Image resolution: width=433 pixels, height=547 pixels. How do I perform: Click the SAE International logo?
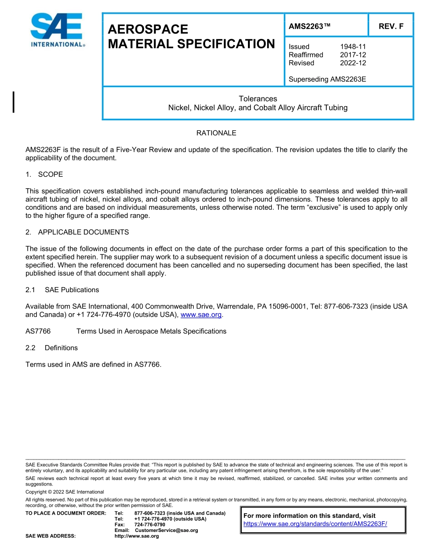[x=57, y=30]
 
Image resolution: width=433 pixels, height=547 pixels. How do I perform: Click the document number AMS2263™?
[x=309, y=26]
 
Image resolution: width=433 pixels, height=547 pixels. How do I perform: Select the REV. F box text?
[x=391, y=26]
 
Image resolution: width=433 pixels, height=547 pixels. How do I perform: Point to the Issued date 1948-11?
[x=353, y=46]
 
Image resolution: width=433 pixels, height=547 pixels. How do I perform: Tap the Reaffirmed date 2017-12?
[x=353, y=55]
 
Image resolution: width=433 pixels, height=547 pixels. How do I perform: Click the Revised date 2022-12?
[x=353, y=63]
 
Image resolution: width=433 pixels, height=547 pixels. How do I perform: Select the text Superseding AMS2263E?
[x=327, y=79]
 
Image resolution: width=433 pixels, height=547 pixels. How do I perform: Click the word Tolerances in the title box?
[x=258, y=99]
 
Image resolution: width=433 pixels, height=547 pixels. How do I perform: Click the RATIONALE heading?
[x=216, y=133]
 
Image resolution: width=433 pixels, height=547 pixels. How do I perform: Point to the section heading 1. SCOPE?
[x=44, y=175]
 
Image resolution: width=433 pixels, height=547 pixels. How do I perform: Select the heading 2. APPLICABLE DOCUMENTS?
[x=77, y=232]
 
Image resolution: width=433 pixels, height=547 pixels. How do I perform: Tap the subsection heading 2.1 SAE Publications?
[x=62, y=290]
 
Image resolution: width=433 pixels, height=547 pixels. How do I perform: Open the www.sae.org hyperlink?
[x=201, y=315]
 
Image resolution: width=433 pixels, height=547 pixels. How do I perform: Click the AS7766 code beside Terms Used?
[x=38, y=331]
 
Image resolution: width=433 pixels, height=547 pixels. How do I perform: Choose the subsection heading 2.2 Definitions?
[x=52, y=348]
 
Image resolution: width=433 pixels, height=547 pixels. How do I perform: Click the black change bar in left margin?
[x=14, y=102]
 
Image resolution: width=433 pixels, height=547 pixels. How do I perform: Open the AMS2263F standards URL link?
[x=315, y=524]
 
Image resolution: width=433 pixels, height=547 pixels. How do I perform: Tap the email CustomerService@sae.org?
[x=166, y=531]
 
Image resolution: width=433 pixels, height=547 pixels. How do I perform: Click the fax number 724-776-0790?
[x=149, y=525]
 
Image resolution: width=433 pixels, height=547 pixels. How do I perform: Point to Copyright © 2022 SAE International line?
[x=65, y=492]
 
